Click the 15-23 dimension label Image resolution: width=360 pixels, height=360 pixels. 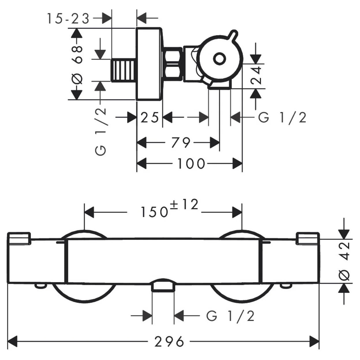click(x=68, y=19)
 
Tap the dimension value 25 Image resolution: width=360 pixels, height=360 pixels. click(x=150, y=117)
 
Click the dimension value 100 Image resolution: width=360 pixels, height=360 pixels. click(x=191, y=164)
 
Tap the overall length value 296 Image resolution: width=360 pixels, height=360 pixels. click(x=169, y=342)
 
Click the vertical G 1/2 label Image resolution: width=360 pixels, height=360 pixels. click(x=101, y=131)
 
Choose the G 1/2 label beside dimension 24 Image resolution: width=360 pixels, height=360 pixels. click(x=282, y=118)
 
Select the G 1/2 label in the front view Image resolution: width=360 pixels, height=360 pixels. click(x=230, y=316)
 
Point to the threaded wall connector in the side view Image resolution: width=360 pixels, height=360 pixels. click(x=124, y=70)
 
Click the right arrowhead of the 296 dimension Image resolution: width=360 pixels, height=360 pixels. click(x=315, y=342)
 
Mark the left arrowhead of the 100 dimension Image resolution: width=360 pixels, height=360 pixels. click(x=141, y=164)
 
